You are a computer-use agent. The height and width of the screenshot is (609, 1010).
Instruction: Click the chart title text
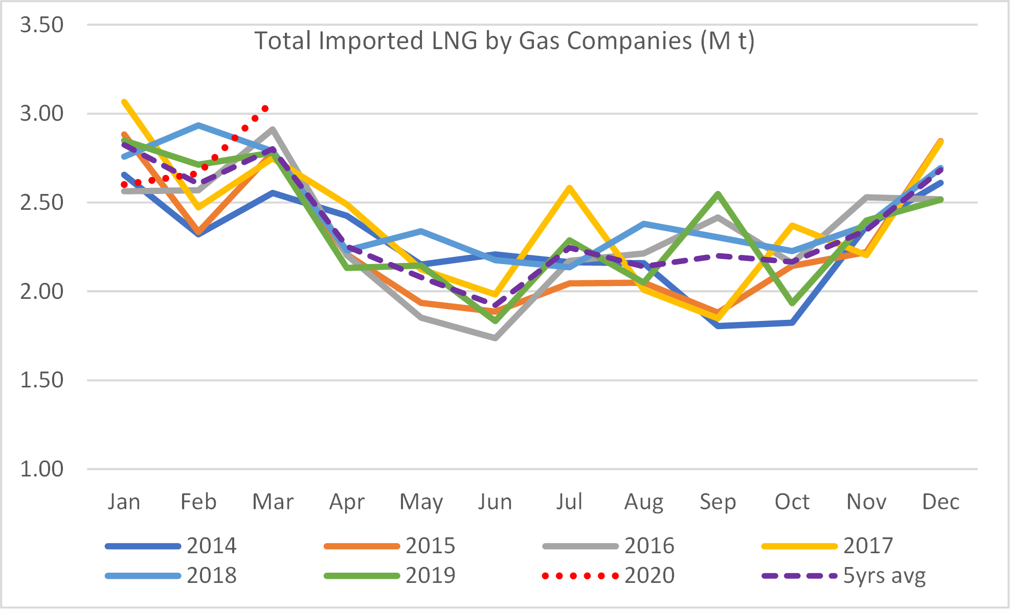(504, 41)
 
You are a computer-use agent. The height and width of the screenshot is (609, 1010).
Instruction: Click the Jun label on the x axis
(495, 502)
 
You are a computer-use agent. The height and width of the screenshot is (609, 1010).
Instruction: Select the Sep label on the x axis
(718, 502)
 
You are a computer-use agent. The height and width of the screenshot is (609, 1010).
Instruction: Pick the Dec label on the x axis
(940, 502)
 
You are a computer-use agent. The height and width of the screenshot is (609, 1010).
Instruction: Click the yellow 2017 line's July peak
(569, 188)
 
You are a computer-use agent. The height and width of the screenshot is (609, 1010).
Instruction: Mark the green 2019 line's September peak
(718, 193)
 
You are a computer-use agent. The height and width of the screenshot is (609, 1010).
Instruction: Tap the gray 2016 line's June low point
(495, 338)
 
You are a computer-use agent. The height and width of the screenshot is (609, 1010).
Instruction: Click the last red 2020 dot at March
(265, 108)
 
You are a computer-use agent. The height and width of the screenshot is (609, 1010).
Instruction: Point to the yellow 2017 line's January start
(124, 102)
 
